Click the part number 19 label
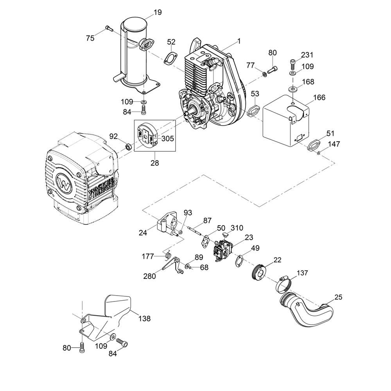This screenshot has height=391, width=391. (157, 13)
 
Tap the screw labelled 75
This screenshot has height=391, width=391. (109, 28)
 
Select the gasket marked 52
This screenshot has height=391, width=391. (170, 57)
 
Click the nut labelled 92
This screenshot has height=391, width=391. (127, 147)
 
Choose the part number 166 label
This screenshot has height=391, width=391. (319, 97)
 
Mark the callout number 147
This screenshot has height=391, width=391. (334, 144)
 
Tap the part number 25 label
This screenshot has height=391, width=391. (338, 297)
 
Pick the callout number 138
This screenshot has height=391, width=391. (144, 319)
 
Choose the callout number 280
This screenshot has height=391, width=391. (149, 276)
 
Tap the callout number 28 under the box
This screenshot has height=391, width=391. (155, 163)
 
